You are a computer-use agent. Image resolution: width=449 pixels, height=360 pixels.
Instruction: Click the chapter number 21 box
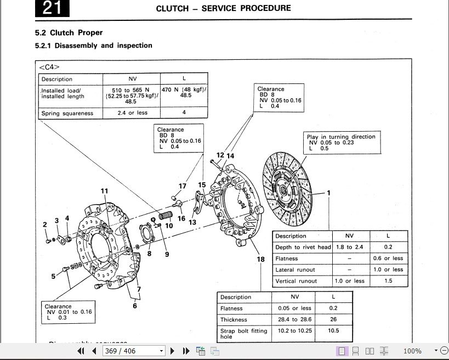pyautogui.click(x=52, y=8)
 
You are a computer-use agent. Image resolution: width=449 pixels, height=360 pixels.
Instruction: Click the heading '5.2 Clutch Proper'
pyautogui.click(x=69, y=33)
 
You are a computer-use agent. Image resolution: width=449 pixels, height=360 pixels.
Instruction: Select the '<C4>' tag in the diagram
pyautogui.click(x=49, y=67)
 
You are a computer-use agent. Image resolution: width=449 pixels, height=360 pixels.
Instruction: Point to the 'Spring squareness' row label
pyautogui.click(x=67, y=114)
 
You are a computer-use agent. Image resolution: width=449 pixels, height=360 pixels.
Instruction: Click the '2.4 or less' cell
pyautogui.click(x=133, y=113)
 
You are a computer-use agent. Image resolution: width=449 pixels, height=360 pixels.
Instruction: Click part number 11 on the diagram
pyautogui.click(x=104, y=192)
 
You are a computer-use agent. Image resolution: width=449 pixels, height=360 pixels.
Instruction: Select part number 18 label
pyautogui.click(x=260, y=260)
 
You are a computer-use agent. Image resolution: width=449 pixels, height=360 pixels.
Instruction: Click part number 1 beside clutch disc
pyautogui.click(x=329, y=193)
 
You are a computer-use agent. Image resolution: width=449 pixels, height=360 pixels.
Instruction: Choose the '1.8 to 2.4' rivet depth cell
pyautogui.click(x=349, y=247)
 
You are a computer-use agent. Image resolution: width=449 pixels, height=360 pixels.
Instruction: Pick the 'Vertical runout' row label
pyautogui.click(x=296, y=281)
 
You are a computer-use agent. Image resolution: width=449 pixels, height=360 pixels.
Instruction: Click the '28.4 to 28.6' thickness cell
pyautogui.click(x=294, y=319)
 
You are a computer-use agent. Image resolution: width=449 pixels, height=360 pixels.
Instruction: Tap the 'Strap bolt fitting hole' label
pyautogui.click(x=243, y=334)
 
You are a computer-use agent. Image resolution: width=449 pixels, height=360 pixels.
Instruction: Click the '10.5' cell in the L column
pyautogui.click(x=333, y=331)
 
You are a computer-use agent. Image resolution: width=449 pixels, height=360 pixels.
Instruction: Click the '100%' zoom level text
pyautogui.click(x=412, y=351)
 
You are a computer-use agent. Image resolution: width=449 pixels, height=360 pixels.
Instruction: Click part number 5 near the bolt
pyautogui.click(x=54, y=276)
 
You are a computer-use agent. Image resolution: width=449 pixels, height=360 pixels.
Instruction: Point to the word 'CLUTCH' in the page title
pyautogui.click(x=173, y=8)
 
